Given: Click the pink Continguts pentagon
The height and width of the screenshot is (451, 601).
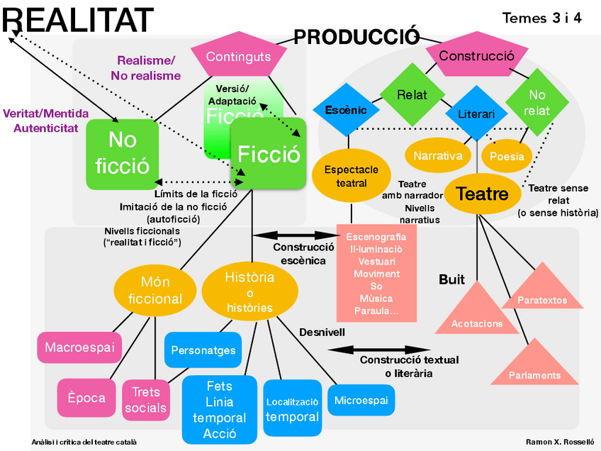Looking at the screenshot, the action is [x=239, y=55].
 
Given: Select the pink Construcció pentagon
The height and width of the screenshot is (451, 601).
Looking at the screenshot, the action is [x=477, y=55].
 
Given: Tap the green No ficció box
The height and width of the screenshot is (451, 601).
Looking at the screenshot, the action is [x=123, y=154].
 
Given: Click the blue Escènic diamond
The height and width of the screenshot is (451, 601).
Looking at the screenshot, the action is [x=346, y=110].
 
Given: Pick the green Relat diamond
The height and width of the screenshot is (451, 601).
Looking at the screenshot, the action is [x=412, y=94].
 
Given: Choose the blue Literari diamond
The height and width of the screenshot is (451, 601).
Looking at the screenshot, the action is [x=476, y=113].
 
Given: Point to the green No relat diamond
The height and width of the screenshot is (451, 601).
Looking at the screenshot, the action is [x=537, y=102].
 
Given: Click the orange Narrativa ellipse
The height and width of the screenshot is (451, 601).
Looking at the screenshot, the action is [x=438, y=155].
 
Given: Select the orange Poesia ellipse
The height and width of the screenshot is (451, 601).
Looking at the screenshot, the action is [x=507, y=156].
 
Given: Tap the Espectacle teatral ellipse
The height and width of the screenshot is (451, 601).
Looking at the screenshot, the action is [x=351, y=176].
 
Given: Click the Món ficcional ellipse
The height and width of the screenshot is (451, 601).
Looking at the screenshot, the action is [x=155, y=290].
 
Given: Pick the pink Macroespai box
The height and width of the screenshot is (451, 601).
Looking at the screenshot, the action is [x=79, y=347].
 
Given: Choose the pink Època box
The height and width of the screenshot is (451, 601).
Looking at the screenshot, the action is [x=86, y=398].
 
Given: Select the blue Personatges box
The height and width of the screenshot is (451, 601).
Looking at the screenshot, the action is [x=203, y=350].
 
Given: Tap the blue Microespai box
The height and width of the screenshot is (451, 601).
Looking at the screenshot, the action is [x=361, y=401].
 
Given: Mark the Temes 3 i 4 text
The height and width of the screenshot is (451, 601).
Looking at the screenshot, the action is [x=542, y=18].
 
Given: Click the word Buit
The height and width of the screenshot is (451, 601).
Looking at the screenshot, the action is [x=451, y=279].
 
